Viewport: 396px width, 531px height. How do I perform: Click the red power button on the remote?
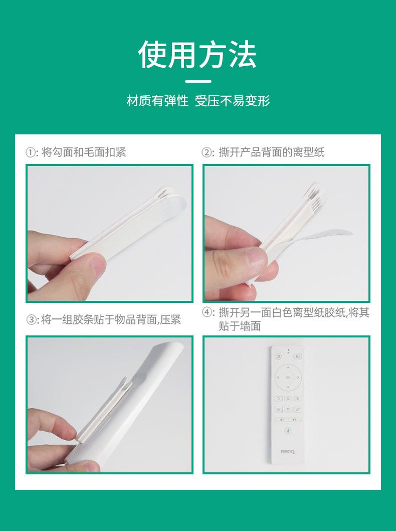coord(278,357)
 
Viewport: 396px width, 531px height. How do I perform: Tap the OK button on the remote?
coord(288,377)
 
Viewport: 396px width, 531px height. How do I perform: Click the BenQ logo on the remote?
coord(288,451)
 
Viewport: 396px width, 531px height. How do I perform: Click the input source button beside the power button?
coord(297,357)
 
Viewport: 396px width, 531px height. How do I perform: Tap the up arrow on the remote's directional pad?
coord(288,367)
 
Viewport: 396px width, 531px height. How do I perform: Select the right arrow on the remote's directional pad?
coord(298,377)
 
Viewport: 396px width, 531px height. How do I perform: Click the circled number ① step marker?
coord(31,152)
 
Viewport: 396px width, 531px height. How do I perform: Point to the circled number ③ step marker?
coord(32,320)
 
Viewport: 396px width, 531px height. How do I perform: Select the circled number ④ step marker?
coord(207,312)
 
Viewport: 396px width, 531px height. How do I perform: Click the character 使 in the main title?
coord(152,54)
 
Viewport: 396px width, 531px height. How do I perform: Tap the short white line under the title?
coord(198,81)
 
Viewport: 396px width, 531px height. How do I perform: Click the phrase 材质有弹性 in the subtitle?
coord(157,101)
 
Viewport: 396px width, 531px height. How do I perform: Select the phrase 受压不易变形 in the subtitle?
coord(232,101)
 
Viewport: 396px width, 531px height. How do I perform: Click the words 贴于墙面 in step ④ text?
coord(239,326)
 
